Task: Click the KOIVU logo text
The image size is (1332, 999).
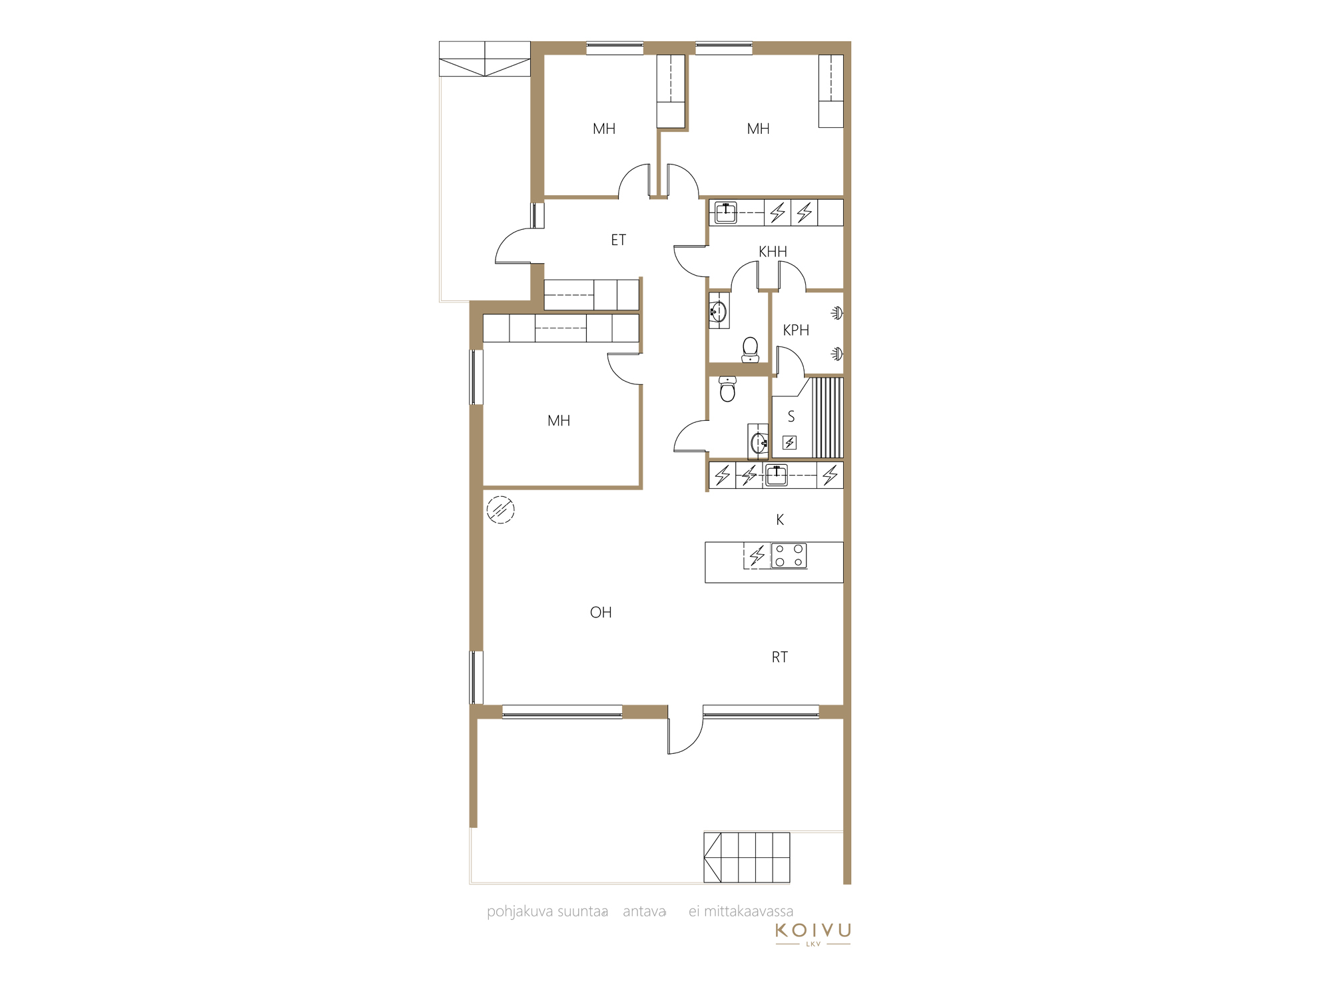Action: [813, 930]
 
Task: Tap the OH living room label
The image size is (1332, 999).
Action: [601, 613]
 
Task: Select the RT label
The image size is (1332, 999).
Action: [780, 657]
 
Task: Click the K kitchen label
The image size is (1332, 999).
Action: [780, 520]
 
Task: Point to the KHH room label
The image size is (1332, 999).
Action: [773, 252]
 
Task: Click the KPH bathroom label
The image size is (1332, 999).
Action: [796, 330]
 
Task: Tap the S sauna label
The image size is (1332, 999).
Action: [791, 417]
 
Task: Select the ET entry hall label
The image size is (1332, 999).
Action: [619, 240]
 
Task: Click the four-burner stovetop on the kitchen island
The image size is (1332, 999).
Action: [789, 555]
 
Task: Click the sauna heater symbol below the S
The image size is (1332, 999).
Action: [790, 442]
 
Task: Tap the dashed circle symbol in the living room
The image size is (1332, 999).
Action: [501, 510]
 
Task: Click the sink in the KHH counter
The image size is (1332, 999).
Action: [726, 212]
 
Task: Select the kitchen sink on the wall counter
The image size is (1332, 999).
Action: [777, 476]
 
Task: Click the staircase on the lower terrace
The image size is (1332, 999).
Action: [747, 857]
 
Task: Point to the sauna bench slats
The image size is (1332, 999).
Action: [827, 418]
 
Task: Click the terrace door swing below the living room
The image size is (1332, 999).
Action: [685, 730]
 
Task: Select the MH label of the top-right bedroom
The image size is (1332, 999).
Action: [759, 129]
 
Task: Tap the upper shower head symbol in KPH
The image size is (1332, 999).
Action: [837, 313]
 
